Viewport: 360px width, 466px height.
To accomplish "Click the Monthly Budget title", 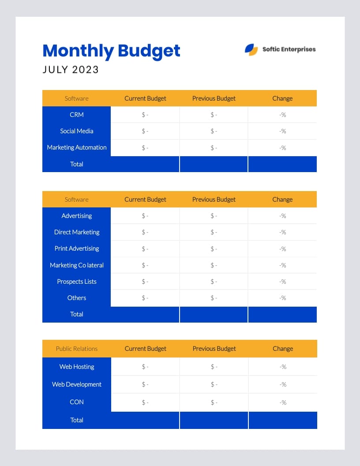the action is pyautogui.click(x=111, y=51).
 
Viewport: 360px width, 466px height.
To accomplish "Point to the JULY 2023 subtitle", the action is pyautogui.click(x=71, y=70).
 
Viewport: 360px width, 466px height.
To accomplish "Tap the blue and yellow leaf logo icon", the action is pyautogui.click(x=251, y=49).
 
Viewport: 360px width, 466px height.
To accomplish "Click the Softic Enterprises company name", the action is pyautogui.click(x=289, y=49).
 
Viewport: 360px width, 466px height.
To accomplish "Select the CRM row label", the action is pyautogui.click(x=77, y=115).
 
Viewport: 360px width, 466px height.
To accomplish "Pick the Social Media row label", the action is pyautogui.click(x=77, y=131).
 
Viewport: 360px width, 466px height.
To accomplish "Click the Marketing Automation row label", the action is pyautogui.click(x=77, y=147).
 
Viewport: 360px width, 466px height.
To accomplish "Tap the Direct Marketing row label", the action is pyautogui.click(x=77, y=232).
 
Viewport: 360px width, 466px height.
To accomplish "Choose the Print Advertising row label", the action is pyautogui.click(x=77, y=248).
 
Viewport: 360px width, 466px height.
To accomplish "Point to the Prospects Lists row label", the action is pyautogui.click(x=77, y=282).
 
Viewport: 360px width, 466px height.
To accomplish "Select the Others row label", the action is pyautogui.click(x=77, y=298).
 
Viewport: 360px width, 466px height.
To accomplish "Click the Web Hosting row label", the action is pyautogui.click(x=77, y=367).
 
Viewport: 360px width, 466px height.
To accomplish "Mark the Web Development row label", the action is pyautogui.click(x=77, y=384).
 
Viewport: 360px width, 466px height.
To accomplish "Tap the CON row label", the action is pyautogui.click(x=77, y=402).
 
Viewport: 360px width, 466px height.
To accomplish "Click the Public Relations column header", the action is pyautogui.click(x=77, y=349).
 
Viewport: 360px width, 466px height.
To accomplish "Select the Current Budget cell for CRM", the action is pyautogui.click(x=145, y=115).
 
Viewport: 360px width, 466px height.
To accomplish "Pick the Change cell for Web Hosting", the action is pyautogui.click(x=283, y=367).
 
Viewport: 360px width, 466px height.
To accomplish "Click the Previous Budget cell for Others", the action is pyautogui.click(x=214, y=298).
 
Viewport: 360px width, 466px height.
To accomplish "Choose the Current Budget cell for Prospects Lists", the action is pyautogui.click(x=145, y=282).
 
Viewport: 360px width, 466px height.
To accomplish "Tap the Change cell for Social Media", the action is pyautogui.click(x=283, y=131).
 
